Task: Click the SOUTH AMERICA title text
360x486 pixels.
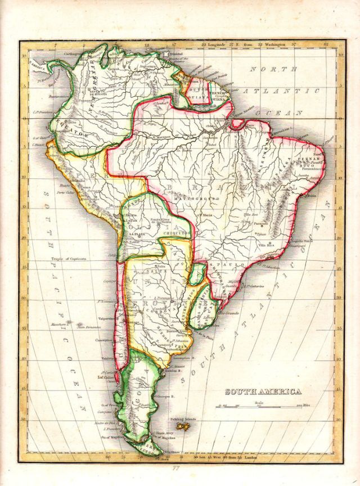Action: (263, 391)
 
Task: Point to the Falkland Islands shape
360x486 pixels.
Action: (182, 427)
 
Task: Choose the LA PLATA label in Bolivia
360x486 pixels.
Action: (136, 234)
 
